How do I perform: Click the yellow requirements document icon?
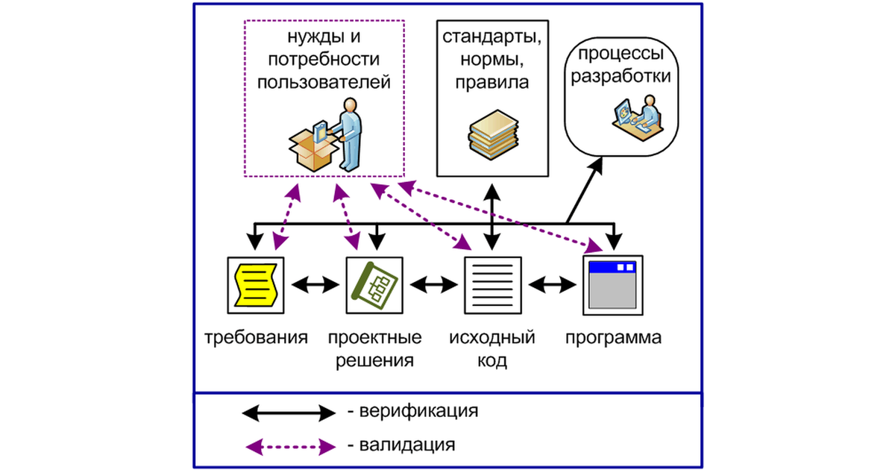(255, 283)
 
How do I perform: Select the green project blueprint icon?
(374, 283)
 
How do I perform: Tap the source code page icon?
(493, 283)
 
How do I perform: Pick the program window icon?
(612, 283)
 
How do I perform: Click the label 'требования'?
(257, 337)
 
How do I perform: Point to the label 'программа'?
(613, 337)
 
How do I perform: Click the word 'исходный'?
(492, 337)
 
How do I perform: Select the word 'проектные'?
(374, 337)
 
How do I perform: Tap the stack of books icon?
(492, 133)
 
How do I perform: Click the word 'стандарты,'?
(492, 37)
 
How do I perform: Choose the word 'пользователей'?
(324, 81)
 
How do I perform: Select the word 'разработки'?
(622, 75)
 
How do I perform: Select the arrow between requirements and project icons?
(315, 284)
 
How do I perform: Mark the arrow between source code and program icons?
(553, 284)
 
